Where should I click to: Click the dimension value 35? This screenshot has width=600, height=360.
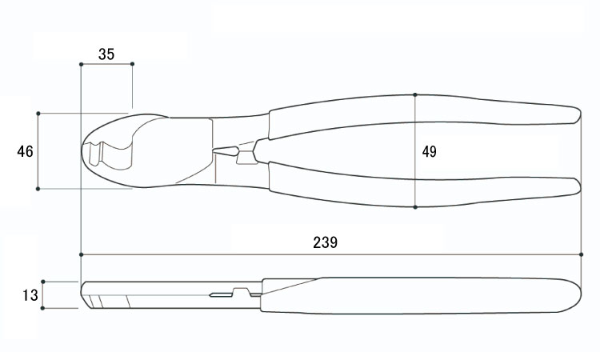pyautogui.click(x=106, y=54)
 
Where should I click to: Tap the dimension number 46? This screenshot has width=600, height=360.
pyautogui.click(x=26, y=151)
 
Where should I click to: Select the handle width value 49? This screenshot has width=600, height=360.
pyautogui.click(x=430, y=152)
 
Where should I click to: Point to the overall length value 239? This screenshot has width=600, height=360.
pyautogui.click(x=326, y=242)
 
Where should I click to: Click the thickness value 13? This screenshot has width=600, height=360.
pyautogui.click(x=30, y=295)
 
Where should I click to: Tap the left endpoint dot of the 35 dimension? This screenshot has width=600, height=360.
pyautogui.click(x=81, y=64)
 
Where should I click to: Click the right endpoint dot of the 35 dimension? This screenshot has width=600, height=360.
pyautogui.click(x=132, y=64)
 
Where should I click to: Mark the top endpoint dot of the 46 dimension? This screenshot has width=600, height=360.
pyautogui.click(x=38, y=114)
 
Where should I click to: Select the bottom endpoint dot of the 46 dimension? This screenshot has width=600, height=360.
pyautogui.click(x=38, y=189)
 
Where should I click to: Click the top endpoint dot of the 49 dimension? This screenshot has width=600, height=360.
pyautogui.click(x=415, y=94)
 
